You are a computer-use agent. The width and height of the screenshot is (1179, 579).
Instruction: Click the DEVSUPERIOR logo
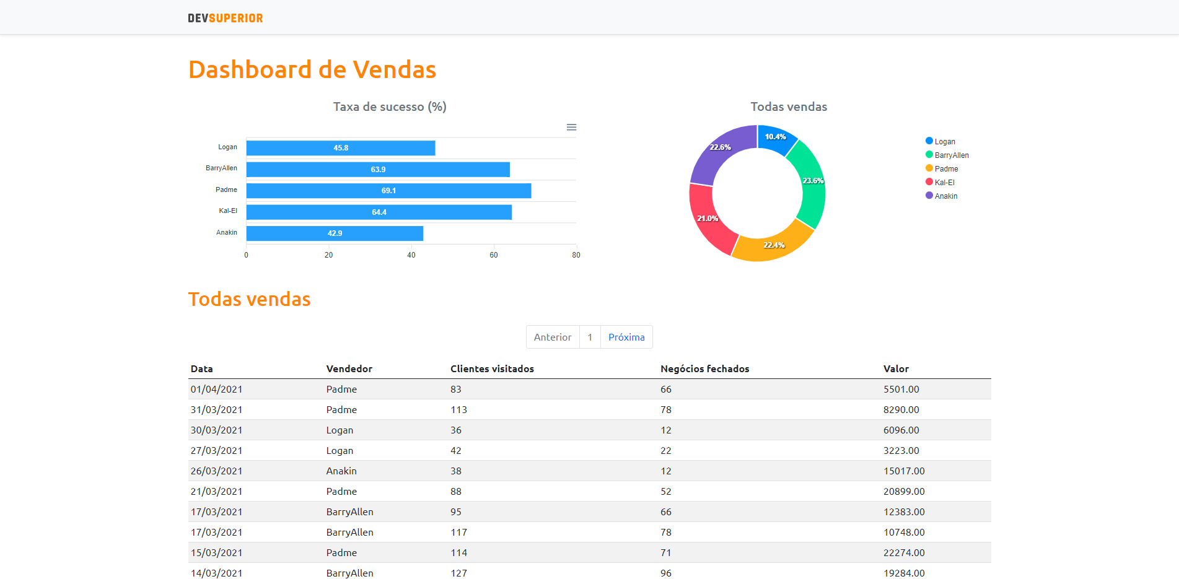226,19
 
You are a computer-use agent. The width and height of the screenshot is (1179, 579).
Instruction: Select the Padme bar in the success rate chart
388,191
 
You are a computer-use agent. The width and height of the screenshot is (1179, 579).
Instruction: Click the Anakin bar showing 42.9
335,233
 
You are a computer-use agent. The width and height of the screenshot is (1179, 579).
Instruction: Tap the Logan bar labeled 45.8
341,148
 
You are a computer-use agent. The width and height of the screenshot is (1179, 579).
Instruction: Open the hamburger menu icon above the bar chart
571,127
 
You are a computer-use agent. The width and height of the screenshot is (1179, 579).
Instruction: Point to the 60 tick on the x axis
494,255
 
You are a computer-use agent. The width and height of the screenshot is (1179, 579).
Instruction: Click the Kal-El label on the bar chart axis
228,211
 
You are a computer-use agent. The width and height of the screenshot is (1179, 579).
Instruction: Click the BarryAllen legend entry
948,155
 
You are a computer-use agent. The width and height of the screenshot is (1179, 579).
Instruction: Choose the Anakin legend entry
942,196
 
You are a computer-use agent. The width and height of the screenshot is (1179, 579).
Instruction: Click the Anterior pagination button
553,337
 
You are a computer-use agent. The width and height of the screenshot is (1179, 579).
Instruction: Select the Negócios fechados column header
704,369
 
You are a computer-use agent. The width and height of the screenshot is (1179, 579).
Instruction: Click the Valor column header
896,369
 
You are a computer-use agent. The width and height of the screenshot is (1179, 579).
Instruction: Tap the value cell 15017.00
904,471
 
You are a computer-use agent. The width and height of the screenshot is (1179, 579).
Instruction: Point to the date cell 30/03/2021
216,430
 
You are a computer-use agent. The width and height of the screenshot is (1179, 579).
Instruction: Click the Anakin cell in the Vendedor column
341,471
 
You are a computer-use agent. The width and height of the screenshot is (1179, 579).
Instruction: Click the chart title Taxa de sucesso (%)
390,107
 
